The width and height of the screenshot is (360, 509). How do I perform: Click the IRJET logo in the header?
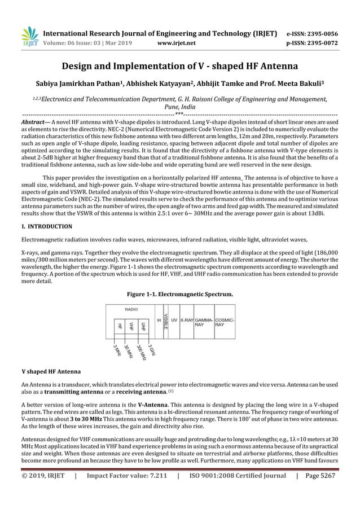(x=28, y=37)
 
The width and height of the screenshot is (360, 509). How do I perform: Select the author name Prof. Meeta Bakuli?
(x=295, y=85)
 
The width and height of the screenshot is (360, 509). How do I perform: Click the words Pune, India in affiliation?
(x=179, y=106)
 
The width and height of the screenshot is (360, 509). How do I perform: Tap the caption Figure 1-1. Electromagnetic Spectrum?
(x=179, y=295)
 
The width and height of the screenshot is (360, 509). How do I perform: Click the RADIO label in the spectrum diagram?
(x=130, y=309)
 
